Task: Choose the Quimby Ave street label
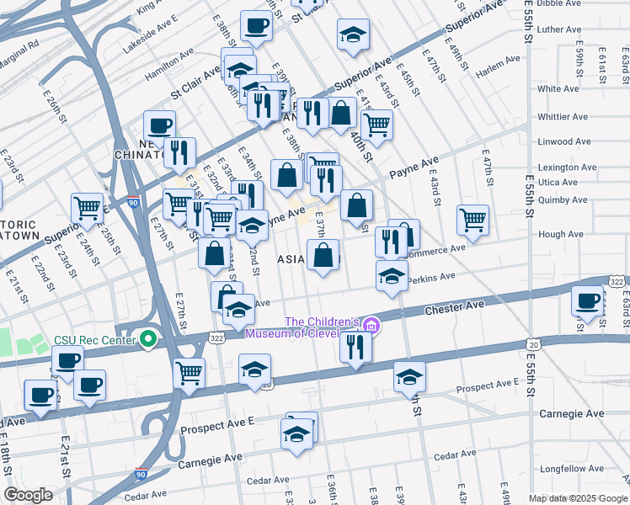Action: (x=560, y=199)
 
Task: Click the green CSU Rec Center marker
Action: (x=149, y=339)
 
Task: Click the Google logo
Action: (x=28, y=495)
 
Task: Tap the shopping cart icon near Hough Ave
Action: (x=473, y=220)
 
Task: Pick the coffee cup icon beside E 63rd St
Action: (x=587, y=300)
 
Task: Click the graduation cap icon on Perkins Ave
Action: (x=392, y=275)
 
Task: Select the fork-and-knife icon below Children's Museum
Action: (x=355, y=346)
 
